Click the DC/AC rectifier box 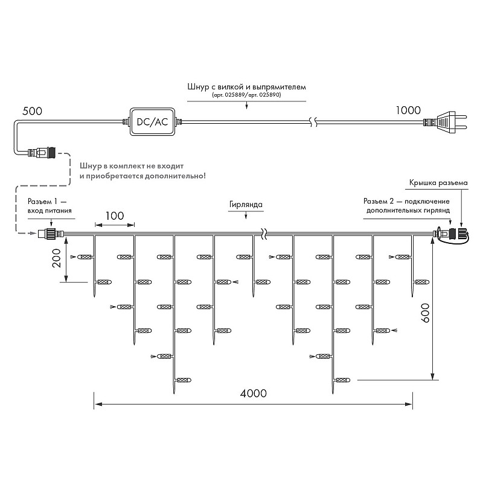pyautogui.click(x=153, y=122)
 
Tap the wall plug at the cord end pyautogui.click(x=446, y=122)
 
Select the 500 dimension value pyautogui.click(x=33, y=111)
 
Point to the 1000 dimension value pyautogui.click(x=408, y=110)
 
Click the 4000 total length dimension pyautogui.click(x=253, y=394)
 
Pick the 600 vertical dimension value pyautogui.click(x=425, y=313)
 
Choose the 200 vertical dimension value pyautogui.click(x=57, y=258)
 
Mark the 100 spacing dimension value pyautogui.click(x=115, y=216)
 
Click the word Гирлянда pyautogui.click(x=246, y=205)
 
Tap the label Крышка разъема pyautogui.click(x=438, y=183)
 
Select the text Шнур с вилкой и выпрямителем pyautogui.click(x=247, y=86)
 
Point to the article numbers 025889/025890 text pyautogui.click(x=247, y=95)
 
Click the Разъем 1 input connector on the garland pyautogui.click(x=51, y=234)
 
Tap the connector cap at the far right pyautogui.click(x=463, y=233)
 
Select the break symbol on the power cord pyautogui.click(x=313, y=122)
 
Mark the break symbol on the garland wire pyautogui.click(x=264, y=234)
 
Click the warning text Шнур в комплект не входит pyautogui.click(x=132, y=166)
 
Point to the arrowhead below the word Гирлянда pyautogui.click(x=246, y=217)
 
